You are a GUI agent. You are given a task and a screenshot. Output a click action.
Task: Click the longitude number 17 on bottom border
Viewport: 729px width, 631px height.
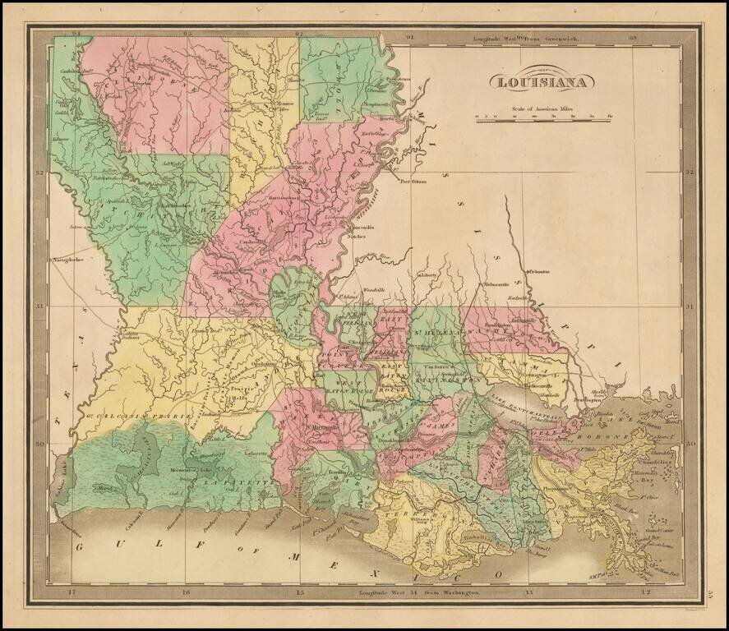(71, 592)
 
